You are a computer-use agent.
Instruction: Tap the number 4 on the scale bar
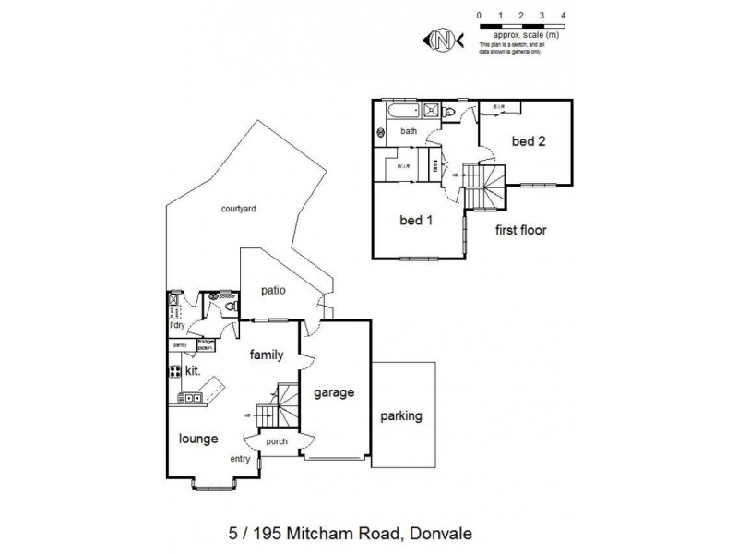pos(563,16)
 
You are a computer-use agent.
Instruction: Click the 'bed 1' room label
pos(416,221)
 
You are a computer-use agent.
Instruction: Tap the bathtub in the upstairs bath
pos(403,114)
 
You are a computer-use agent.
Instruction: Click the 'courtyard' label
pos(238,209)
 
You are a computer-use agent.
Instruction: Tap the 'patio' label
pos(272,290)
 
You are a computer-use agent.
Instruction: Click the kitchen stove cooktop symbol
pos(173,371)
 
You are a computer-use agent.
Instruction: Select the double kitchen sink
pos(191,398)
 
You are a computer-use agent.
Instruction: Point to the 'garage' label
pos(333,391)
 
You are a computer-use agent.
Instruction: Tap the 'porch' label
pos(277,440)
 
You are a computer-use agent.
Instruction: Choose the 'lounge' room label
pos(199,439)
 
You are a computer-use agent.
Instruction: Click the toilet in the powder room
pos(231,304)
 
